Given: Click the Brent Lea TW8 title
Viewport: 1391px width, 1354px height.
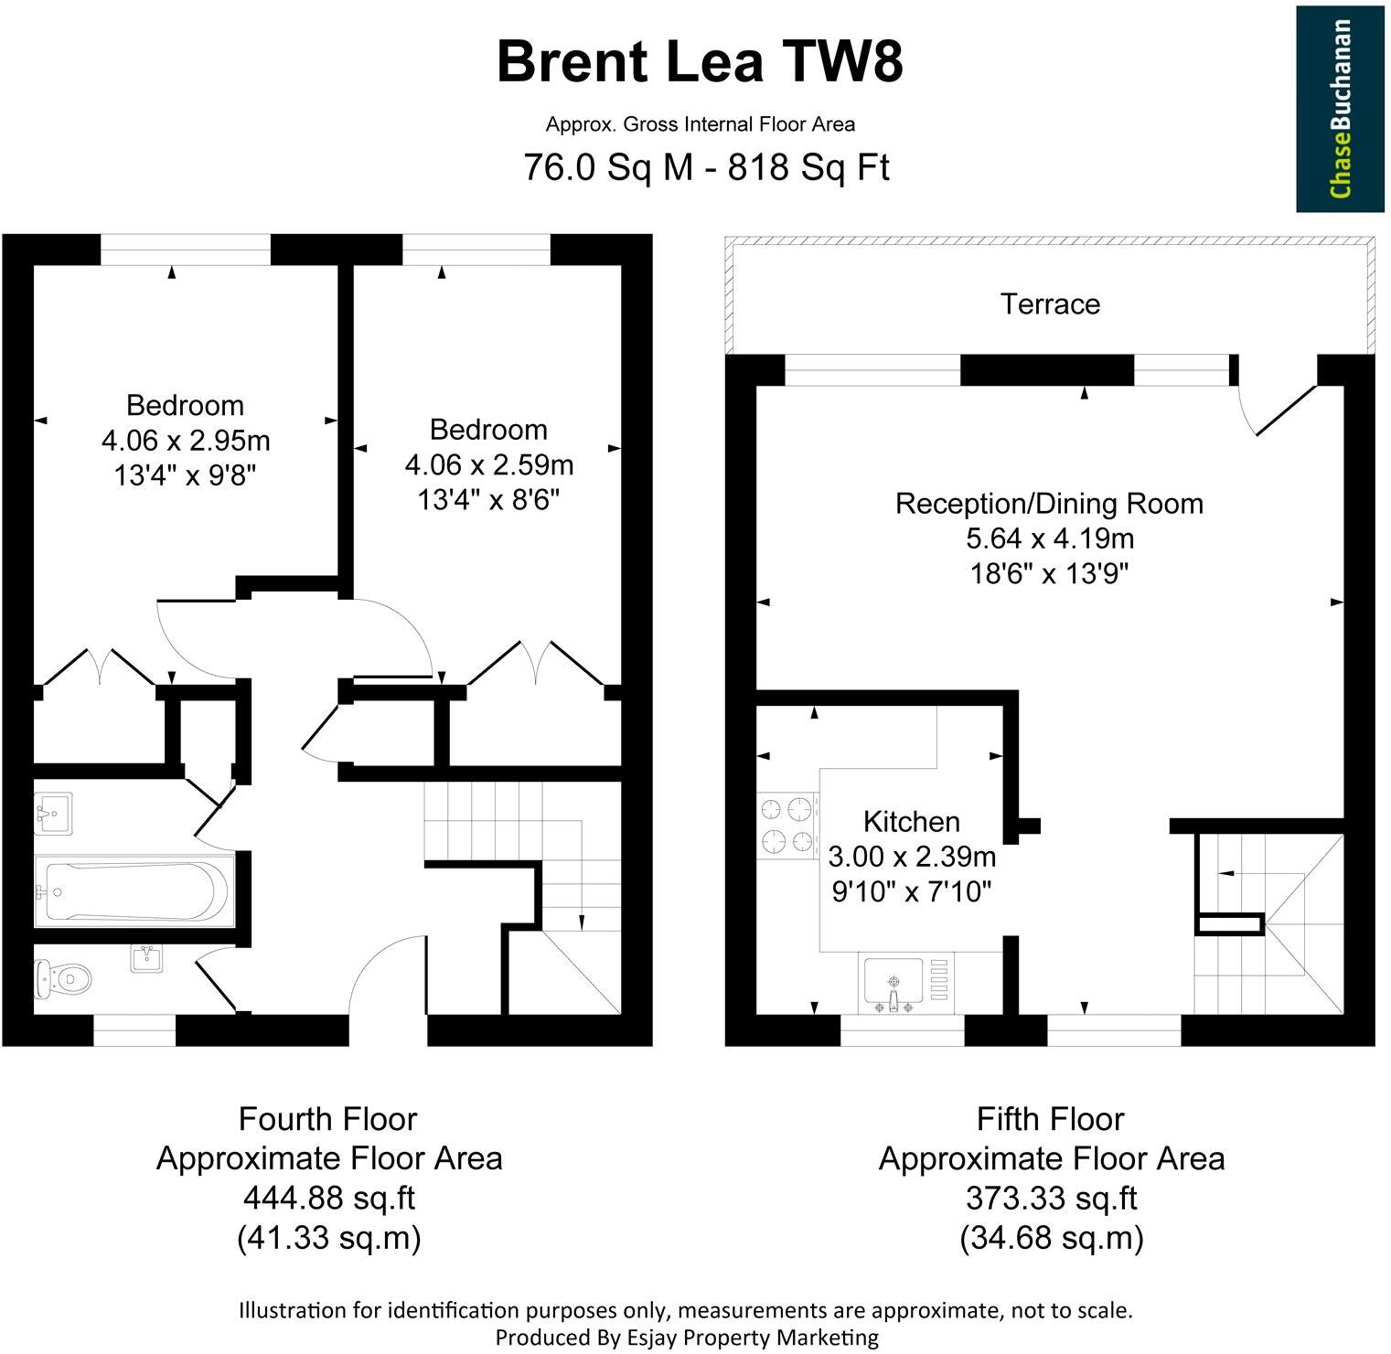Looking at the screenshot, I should [x=700, y=63].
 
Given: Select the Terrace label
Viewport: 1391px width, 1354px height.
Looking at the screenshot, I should [x=1049, y=304].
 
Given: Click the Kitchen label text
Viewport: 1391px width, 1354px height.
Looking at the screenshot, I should [x=911, y=821].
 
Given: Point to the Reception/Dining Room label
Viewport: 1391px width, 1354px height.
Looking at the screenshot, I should [x=1049, y=504].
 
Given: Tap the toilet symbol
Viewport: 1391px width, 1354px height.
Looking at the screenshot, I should [x=63, y=979].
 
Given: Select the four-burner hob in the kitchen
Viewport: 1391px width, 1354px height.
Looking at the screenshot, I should [x=787, y=825].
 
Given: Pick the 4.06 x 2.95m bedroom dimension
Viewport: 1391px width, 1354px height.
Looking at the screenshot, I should [x=186, y=441].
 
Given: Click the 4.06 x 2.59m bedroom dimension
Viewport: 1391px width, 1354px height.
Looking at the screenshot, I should [x=488, y=465].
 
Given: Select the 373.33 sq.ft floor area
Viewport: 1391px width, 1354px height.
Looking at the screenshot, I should [x=1051, y=1198].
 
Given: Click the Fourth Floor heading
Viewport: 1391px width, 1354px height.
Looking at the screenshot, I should [x=328, y=1119].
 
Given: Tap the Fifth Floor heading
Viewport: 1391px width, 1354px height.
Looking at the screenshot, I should [x=1051, y=1119].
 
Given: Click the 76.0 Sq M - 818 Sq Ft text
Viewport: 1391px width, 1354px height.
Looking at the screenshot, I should [x=705, y=168].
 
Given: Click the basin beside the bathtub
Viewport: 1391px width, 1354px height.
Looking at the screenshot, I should [x=54, y=813].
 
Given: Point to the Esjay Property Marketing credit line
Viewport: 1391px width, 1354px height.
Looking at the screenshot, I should [x=686, y=1338].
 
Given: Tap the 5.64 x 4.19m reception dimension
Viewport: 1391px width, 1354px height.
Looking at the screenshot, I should [x=1049, y=538].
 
